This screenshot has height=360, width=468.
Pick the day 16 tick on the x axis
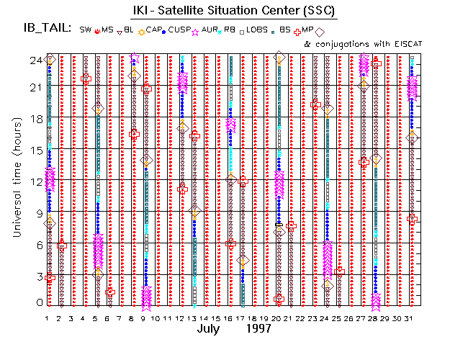coord(230,318)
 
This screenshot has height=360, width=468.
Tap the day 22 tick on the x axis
coord(302,318)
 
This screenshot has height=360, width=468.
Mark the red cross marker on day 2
coord(62,246)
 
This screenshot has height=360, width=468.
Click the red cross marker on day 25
coord(340,271)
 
